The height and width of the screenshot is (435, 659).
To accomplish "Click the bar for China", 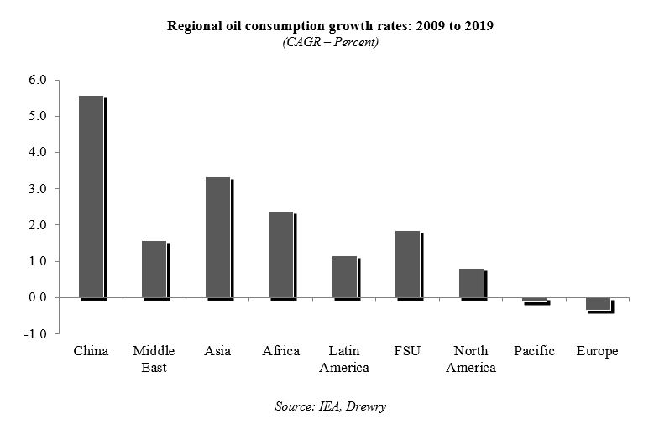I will coord(91,197).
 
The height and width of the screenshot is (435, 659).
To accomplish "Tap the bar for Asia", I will coord(217,238).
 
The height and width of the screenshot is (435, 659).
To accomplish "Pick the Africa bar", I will coord(280,254).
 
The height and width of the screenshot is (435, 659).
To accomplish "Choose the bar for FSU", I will coord(407,264).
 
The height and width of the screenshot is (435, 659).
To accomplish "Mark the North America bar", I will coord(471,283).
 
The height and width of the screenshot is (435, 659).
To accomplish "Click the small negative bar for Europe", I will coord(598,304).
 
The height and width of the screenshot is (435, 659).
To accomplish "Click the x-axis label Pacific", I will coord(534,351).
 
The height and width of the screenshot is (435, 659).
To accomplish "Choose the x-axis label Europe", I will coord(597,351).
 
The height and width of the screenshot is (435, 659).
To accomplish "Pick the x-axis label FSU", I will coord(407,351).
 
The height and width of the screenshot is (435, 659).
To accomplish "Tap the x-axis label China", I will coord(91,351).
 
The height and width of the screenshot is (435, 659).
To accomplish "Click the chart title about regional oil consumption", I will coord(331,25).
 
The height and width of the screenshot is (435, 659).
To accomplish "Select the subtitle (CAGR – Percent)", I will coord(331,41).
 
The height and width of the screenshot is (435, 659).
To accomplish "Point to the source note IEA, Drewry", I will coord(331,406).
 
